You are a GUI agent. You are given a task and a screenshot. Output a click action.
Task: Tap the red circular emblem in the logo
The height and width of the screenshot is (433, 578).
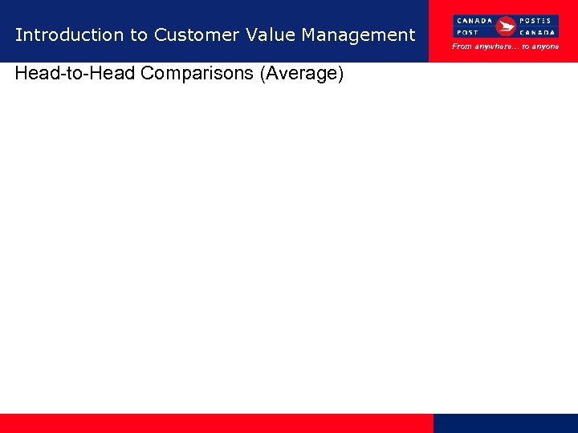(506, 26)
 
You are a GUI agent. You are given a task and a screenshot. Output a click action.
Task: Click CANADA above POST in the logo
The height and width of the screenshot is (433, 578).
(474, 20)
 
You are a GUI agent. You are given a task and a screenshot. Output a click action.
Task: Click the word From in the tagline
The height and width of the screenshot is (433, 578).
(462, 47)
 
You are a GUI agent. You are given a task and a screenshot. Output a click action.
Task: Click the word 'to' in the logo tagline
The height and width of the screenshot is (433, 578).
(526, 47)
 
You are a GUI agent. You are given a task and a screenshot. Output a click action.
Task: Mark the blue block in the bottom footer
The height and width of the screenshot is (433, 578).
(505, 423)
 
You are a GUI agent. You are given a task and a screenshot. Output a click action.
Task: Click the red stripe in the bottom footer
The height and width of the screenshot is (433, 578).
(217, 423)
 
